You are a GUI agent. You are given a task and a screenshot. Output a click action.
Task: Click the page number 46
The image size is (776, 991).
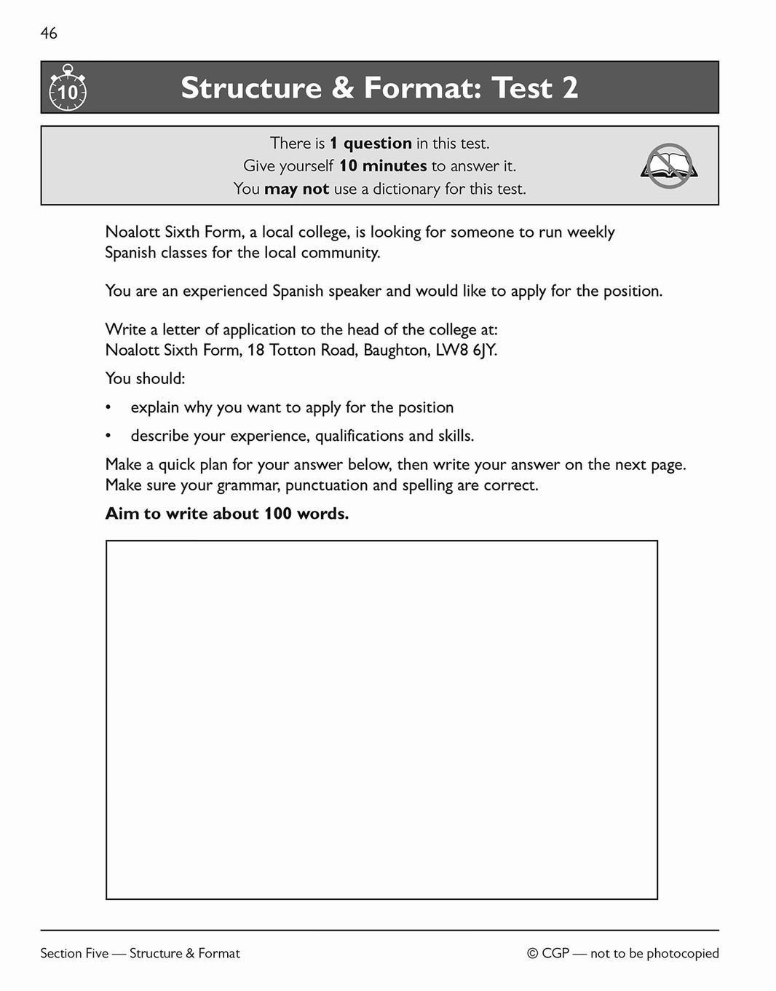pyautogui.click(x=49, y=34)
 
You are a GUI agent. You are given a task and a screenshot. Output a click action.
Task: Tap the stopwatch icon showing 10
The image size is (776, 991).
pyautogui.click(x=67, y=89)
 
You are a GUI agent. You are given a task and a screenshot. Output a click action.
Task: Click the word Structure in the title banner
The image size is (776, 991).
pyautogui.click(x=250, y=88)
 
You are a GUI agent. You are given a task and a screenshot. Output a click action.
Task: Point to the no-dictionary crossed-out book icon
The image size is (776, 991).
pyautogui.click(x=669, y=166)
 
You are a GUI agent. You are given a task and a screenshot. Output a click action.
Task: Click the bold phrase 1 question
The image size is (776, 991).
pyautogui.click(x=371, y=143)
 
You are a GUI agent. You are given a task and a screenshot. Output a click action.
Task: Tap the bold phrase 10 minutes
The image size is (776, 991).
pyautogui.click(x=383, y=166)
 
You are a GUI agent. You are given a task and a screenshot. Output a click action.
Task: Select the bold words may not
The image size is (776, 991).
pyautogui.click(x=296, y=189)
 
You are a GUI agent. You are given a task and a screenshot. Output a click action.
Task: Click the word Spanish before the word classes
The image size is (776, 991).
pyautogui.click(x=131, y=253)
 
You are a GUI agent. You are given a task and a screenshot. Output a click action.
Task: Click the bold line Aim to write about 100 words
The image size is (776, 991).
pyautogui.click(x=226, y=514)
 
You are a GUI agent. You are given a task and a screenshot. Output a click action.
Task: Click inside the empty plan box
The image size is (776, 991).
pyautogui.click(x=381, y=719)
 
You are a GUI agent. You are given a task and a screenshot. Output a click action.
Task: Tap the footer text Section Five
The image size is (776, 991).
pyautogui.click(x=74, y=953)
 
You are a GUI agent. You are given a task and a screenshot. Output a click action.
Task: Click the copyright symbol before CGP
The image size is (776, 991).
pyautogui.click(x=533, y=953)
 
